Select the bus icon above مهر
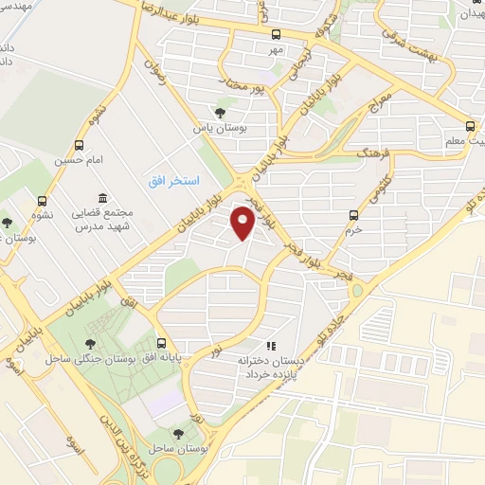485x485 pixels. (276, 35)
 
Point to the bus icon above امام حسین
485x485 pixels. (79, 146)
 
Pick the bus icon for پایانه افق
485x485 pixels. (163, 343)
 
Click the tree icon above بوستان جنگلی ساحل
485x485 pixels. (91, 344)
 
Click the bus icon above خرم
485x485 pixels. (353, 214)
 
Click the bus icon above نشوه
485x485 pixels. (42, 200)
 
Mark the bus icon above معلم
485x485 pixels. (471, 125)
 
